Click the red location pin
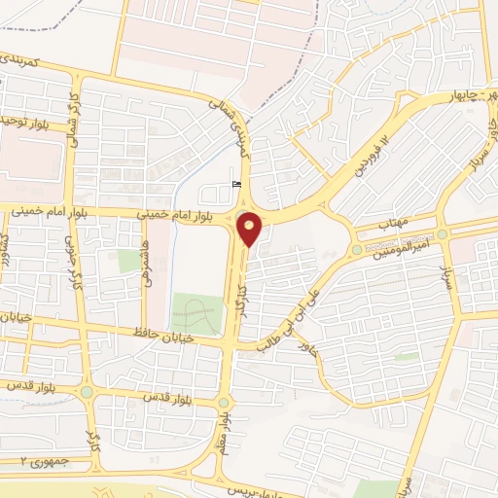click(250, 229)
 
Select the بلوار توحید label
click(21, 121)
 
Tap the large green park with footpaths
click(196, 313)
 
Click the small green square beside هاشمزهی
click(127, 261)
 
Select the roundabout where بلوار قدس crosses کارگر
click(88, 392)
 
